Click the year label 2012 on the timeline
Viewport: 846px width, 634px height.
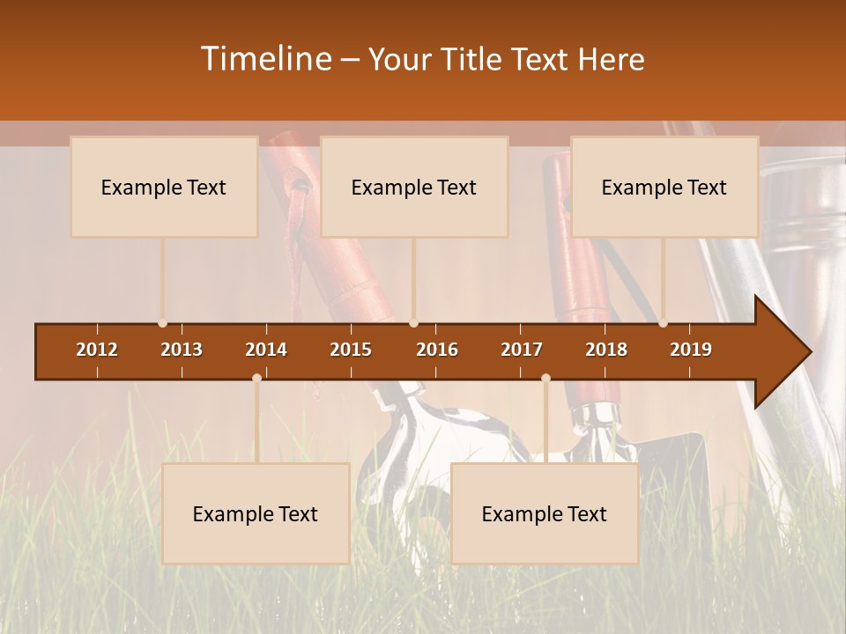[x=97, y=350]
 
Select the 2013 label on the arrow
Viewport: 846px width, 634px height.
[x=182, y=350]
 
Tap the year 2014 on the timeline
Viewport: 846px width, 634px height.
[x=266, y=350]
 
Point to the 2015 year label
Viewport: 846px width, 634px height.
[x=351, y=350]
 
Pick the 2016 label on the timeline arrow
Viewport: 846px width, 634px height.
[x=437, y=350]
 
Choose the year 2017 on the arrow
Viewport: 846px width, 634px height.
[x=522, y=350]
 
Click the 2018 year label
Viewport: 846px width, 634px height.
[x=606, y=350]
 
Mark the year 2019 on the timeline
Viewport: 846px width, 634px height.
[x=691, y=350]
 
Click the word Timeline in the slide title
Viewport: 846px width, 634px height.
[x=266, y=59]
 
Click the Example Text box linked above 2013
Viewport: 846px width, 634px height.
[x=164, y=187]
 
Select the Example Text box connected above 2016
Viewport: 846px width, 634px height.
[x=414, y=187]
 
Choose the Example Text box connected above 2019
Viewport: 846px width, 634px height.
[x=664, y=187]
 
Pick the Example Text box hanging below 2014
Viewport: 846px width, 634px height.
[x=256, y=513]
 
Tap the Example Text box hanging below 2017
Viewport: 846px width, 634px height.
[x=545, y=513]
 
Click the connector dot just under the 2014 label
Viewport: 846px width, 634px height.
[x=256, y=378]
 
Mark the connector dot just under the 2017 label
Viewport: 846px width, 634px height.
[x=545, y=378]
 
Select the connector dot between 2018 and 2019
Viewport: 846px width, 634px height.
[x=664, y=323]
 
